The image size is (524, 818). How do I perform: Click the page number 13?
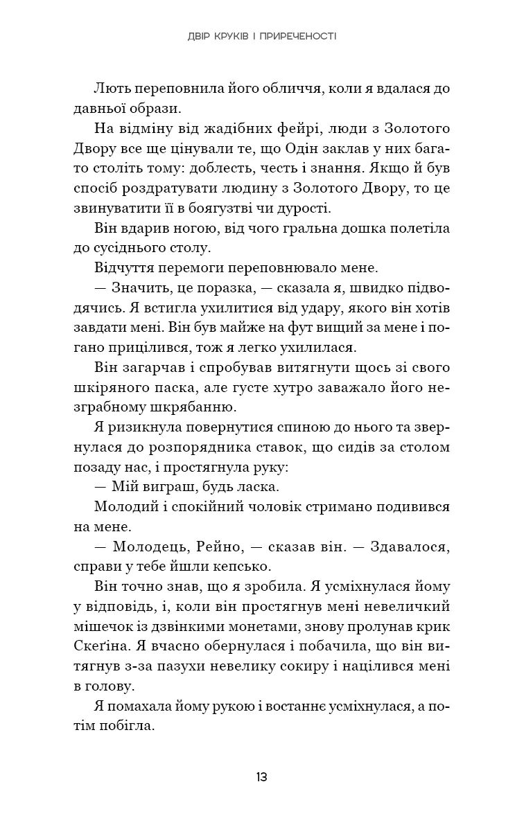coord(261,776)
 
